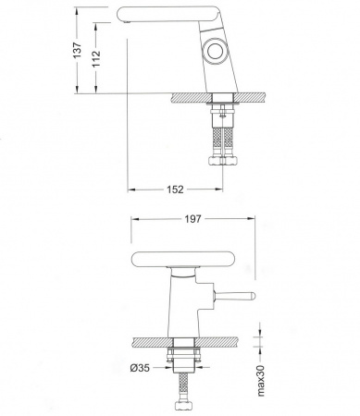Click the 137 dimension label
tap(77, 49)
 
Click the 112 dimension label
tap(96, 58)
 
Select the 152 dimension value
tap(175, 190)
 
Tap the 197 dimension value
tap(192, 219)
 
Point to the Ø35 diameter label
tap(140, 368)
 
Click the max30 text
tap(261, 381)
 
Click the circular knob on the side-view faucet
tap(216, 51)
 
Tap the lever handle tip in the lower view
tap(253, 296)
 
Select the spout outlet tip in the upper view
tap(127, 21)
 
